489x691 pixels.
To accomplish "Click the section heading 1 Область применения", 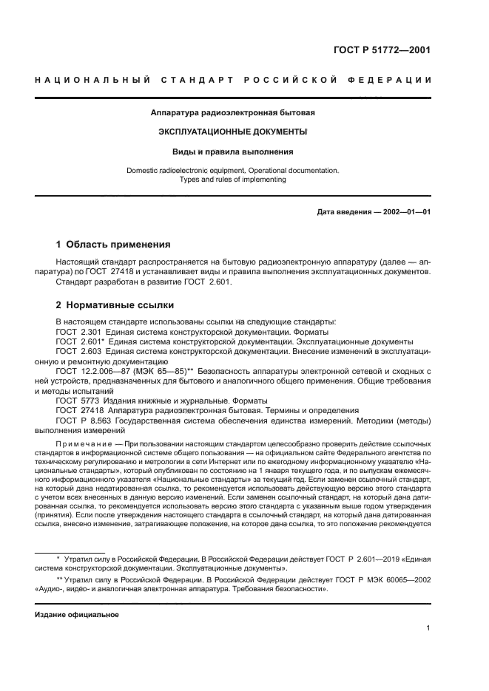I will point(114,245).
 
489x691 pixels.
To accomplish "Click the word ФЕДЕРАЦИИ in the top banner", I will point(391,79).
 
